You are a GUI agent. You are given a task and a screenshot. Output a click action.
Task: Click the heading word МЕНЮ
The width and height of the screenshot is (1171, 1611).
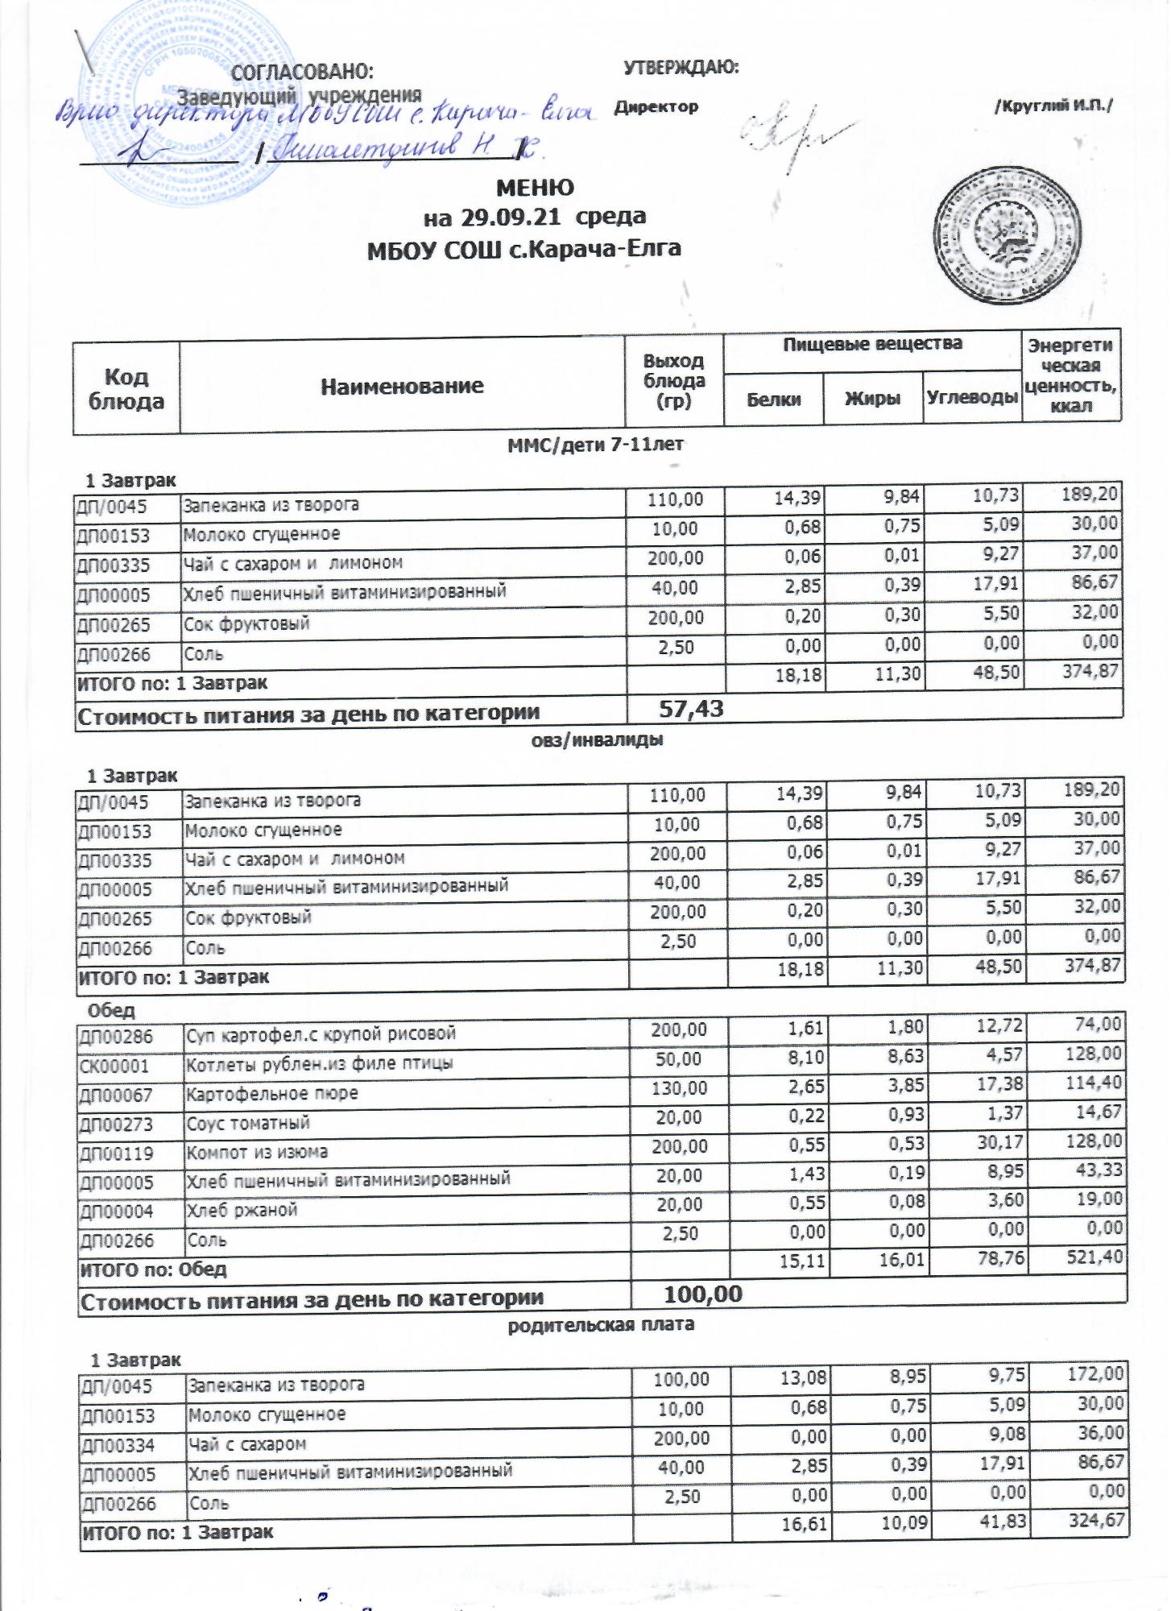(x=535, y=188)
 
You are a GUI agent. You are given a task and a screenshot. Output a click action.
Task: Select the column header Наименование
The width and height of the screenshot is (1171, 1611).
(x=402, y=387)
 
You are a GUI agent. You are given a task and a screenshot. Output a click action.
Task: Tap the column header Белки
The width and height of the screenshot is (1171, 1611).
(x=773, y=399)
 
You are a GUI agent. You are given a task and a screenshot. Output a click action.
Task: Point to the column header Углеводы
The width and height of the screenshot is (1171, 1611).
(x=972, y=397)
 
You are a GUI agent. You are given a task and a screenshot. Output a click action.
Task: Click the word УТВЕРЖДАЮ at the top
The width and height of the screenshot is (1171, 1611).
(x=681, y=68)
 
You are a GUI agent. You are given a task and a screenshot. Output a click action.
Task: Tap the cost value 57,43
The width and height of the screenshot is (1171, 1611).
(x=691, y=709)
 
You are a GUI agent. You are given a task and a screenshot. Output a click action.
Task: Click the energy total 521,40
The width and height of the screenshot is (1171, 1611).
(x=1092, y=1263)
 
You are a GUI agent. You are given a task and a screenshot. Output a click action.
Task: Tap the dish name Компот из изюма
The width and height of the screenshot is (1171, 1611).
(x=257, y=1153)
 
